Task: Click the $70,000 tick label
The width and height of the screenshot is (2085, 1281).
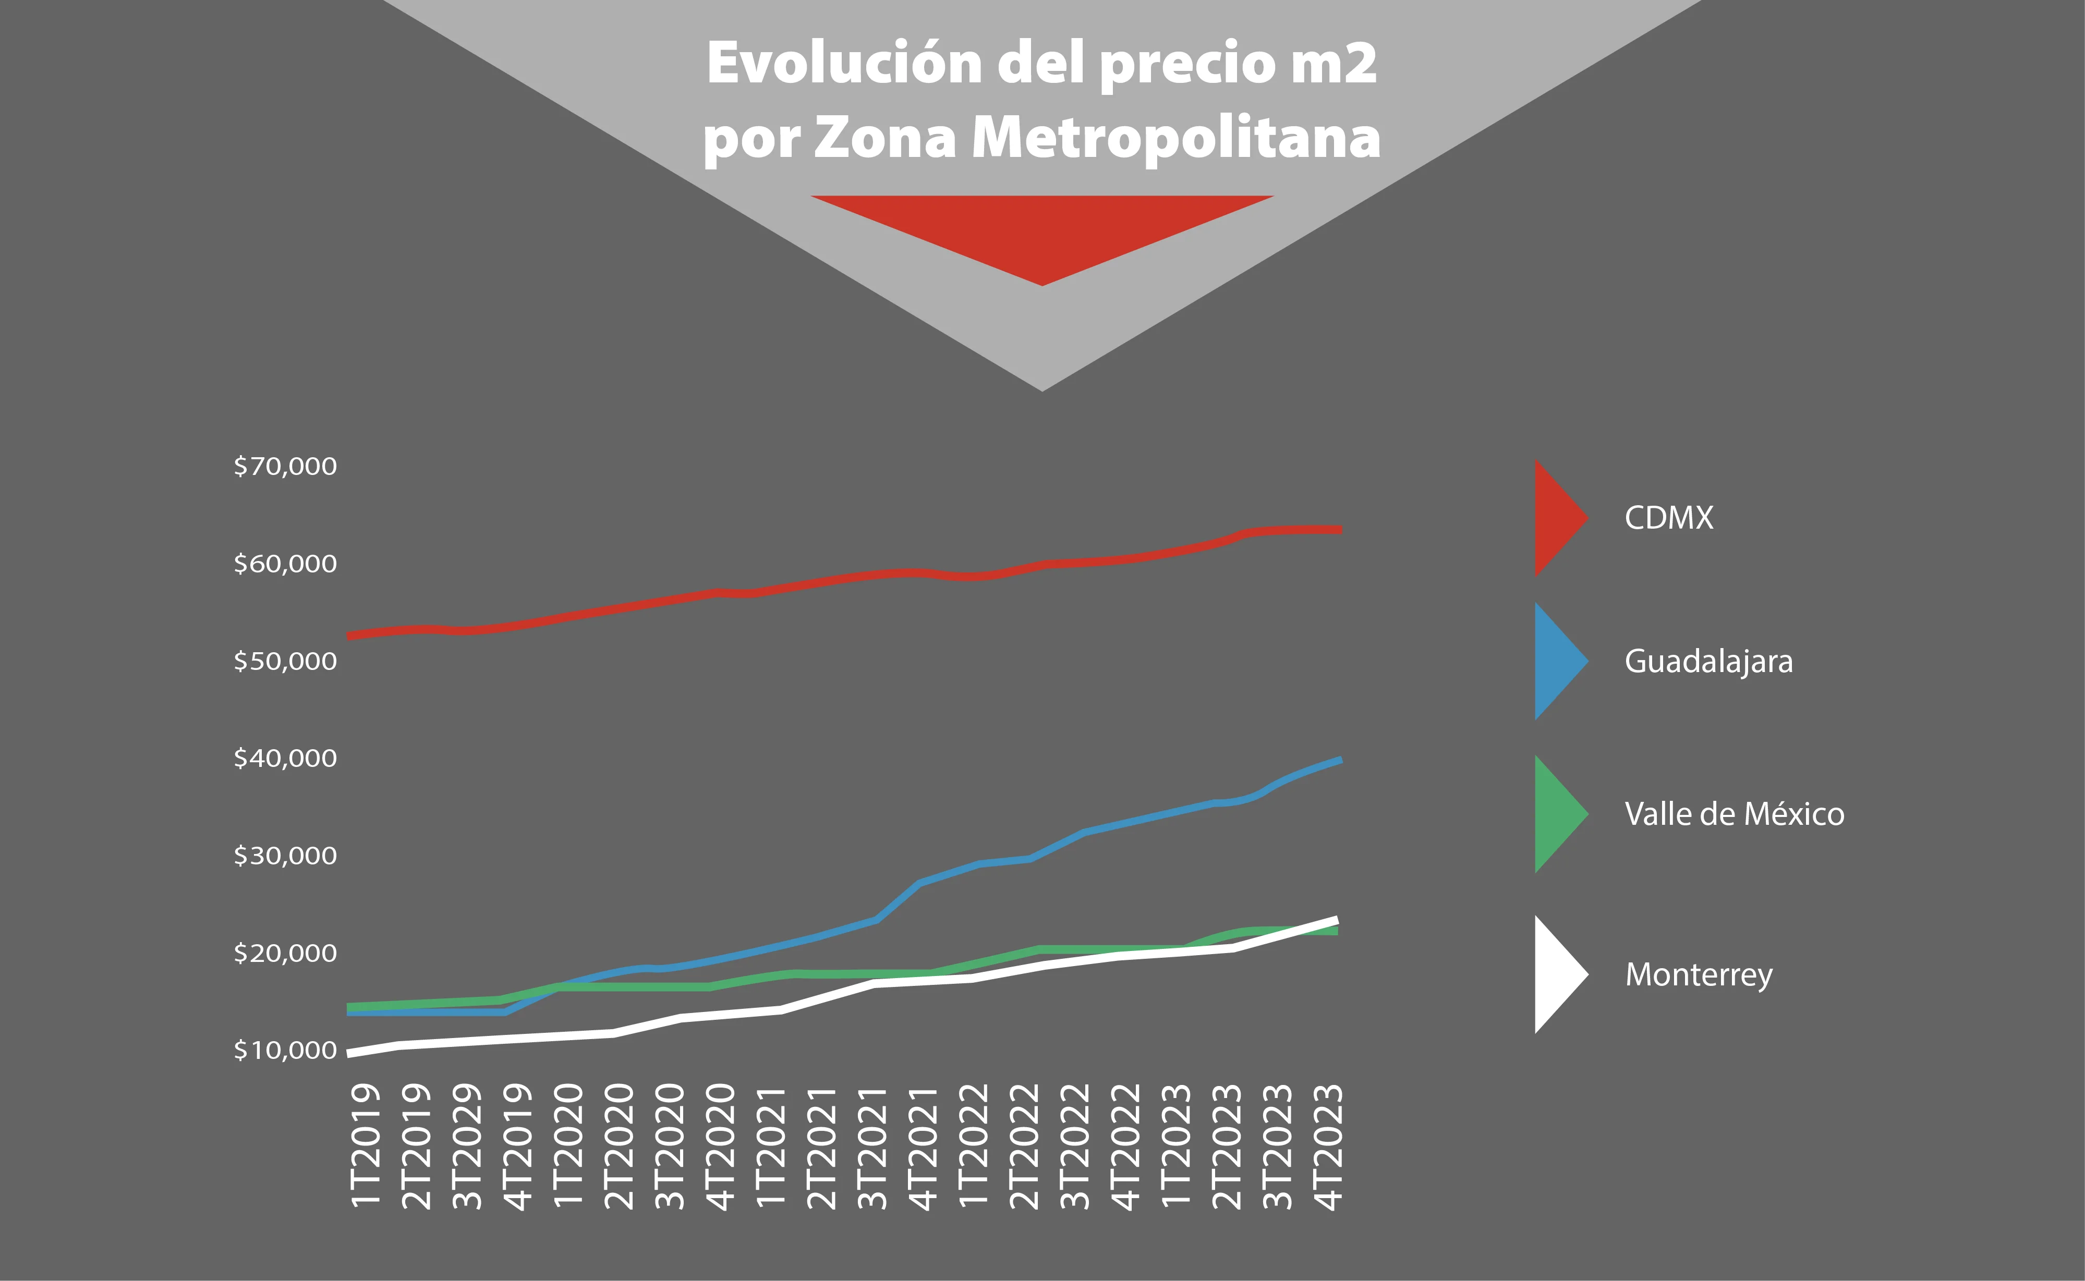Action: click(x=285, y=466)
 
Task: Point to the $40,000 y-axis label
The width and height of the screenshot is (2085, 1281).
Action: click(x=285, y=758)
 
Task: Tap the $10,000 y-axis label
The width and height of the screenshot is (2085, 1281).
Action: click(x=285, y=1051)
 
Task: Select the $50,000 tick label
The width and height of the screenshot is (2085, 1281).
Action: click(x=285, y=661)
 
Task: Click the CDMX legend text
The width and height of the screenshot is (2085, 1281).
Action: click(x=1668, y=518)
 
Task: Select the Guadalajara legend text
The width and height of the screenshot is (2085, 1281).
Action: click(x=1708, y=662)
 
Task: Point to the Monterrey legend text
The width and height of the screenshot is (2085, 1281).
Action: click(x=1698, y=975)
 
